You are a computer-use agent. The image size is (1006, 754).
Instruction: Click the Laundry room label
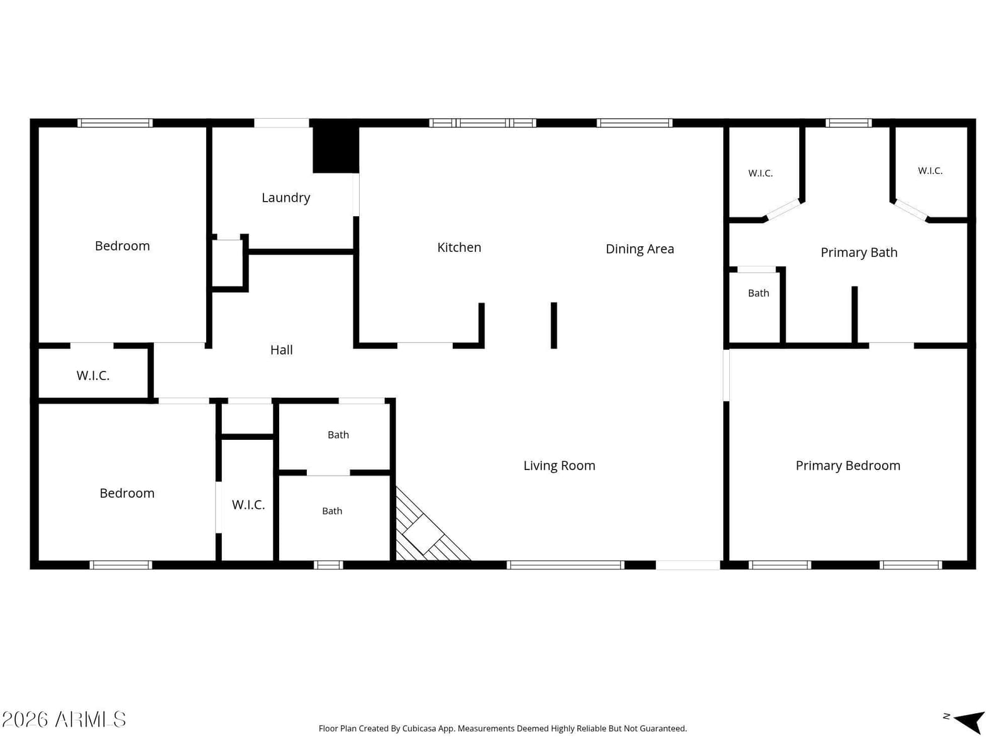coord(285,198)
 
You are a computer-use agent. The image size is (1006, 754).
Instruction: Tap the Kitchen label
coord(459,247)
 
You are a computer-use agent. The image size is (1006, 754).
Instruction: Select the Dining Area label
coord(639,249)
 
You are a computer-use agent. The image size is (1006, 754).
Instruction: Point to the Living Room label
coord(559,466)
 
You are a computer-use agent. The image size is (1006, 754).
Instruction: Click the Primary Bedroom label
coord(848,466)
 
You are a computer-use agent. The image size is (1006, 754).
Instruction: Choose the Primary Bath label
coord(858,252)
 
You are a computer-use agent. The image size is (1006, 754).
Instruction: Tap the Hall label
coord(281,350)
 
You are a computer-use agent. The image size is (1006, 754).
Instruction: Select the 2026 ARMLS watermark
coord(64,720)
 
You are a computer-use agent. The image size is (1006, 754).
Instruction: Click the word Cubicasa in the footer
coord(419,728)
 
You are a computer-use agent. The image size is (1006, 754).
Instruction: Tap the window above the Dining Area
coord(634,123)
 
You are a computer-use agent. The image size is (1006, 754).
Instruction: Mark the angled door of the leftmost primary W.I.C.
coord(782,210)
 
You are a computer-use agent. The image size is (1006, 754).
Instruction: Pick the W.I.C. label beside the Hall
coord(92,376)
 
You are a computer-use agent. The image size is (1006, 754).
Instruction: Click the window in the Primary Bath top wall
coord(848,123)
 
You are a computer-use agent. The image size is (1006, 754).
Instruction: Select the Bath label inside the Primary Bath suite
coord(758,293)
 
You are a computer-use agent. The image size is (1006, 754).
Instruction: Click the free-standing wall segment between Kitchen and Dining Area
coord(554,325)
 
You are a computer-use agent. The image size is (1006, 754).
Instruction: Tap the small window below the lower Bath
coord(328,565)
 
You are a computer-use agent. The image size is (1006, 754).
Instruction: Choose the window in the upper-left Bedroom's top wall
coord(114,123)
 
